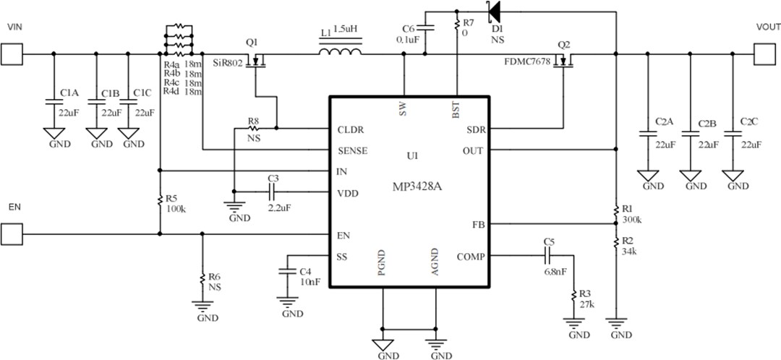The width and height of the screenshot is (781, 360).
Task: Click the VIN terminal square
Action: [11, 53]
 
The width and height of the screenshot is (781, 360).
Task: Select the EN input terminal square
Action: [11, 233]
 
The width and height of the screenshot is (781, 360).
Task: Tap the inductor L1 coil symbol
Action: [340, 52]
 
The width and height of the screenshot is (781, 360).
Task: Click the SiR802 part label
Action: [228, 64]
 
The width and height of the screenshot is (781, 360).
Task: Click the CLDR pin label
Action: [351, 131]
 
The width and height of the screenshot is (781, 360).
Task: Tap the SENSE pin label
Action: [352, 151]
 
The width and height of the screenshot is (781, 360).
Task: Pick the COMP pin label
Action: [471, 257]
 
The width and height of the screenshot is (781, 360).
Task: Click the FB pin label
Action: [477, 224]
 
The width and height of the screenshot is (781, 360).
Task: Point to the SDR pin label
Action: [475, 131]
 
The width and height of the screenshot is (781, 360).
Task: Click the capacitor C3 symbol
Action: [273, 192]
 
